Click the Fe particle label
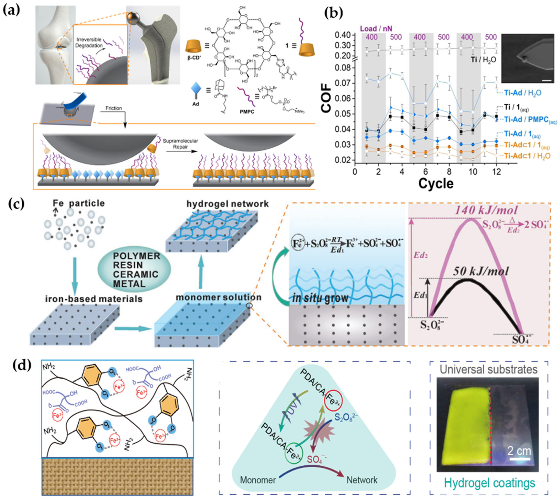[79, 203]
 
